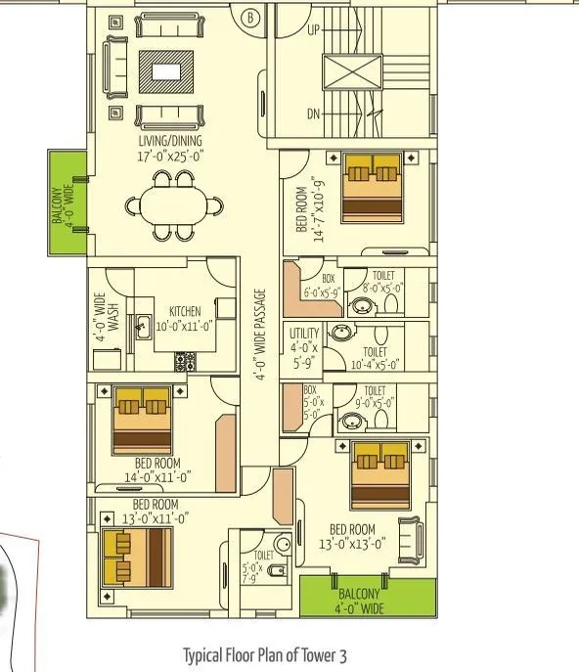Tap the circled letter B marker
tap(249, 17)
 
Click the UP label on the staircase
tap(313, 30)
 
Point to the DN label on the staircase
tap(313, 114)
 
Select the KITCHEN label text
tap(184, 311)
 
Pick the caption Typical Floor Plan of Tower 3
tap(264, 654)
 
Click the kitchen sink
tap(143, 325)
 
